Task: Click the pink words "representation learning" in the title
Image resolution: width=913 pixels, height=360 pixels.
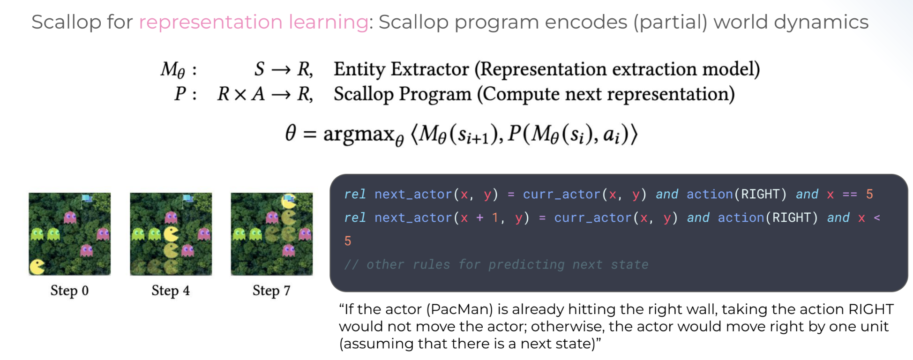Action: coord(254,22)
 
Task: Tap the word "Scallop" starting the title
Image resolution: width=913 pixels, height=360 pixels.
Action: coord(66,22)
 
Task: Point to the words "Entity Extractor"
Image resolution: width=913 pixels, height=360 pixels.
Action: coord(401,69)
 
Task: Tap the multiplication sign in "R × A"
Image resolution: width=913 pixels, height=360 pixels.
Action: coord(240,95)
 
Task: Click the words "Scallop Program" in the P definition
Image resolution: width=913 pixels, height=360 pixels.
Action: coord(403,94)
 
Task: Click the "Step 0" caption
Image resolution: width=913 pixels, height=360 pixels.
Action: coord(69,291)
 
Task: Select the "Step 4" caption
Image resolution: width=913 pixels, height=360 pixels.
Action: coord(171,291)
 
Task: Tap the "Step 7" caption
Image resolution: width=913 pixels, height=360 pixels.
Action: coord(271,291)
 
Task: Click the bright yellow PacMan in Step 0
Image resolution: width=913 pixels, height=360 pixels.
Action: coord(37,266)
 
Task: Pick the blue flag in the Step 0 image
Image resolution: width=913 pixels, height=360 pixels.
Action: coord(87,199)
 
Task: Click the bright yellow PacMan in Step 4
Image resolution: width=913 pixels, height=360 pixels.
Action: coord(172,234)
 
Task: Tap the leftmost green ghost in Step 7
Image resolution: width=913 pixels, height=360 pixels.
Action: coord(239,233)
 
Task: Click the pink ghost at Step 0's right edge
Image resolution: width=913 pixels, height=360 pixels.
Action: coord(103,233)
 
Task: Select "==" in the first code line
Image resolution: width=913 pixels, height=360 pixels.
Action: coord(850,194)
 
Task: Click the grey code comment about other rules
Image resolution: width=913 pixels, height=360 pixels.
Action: coord(496,264)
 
